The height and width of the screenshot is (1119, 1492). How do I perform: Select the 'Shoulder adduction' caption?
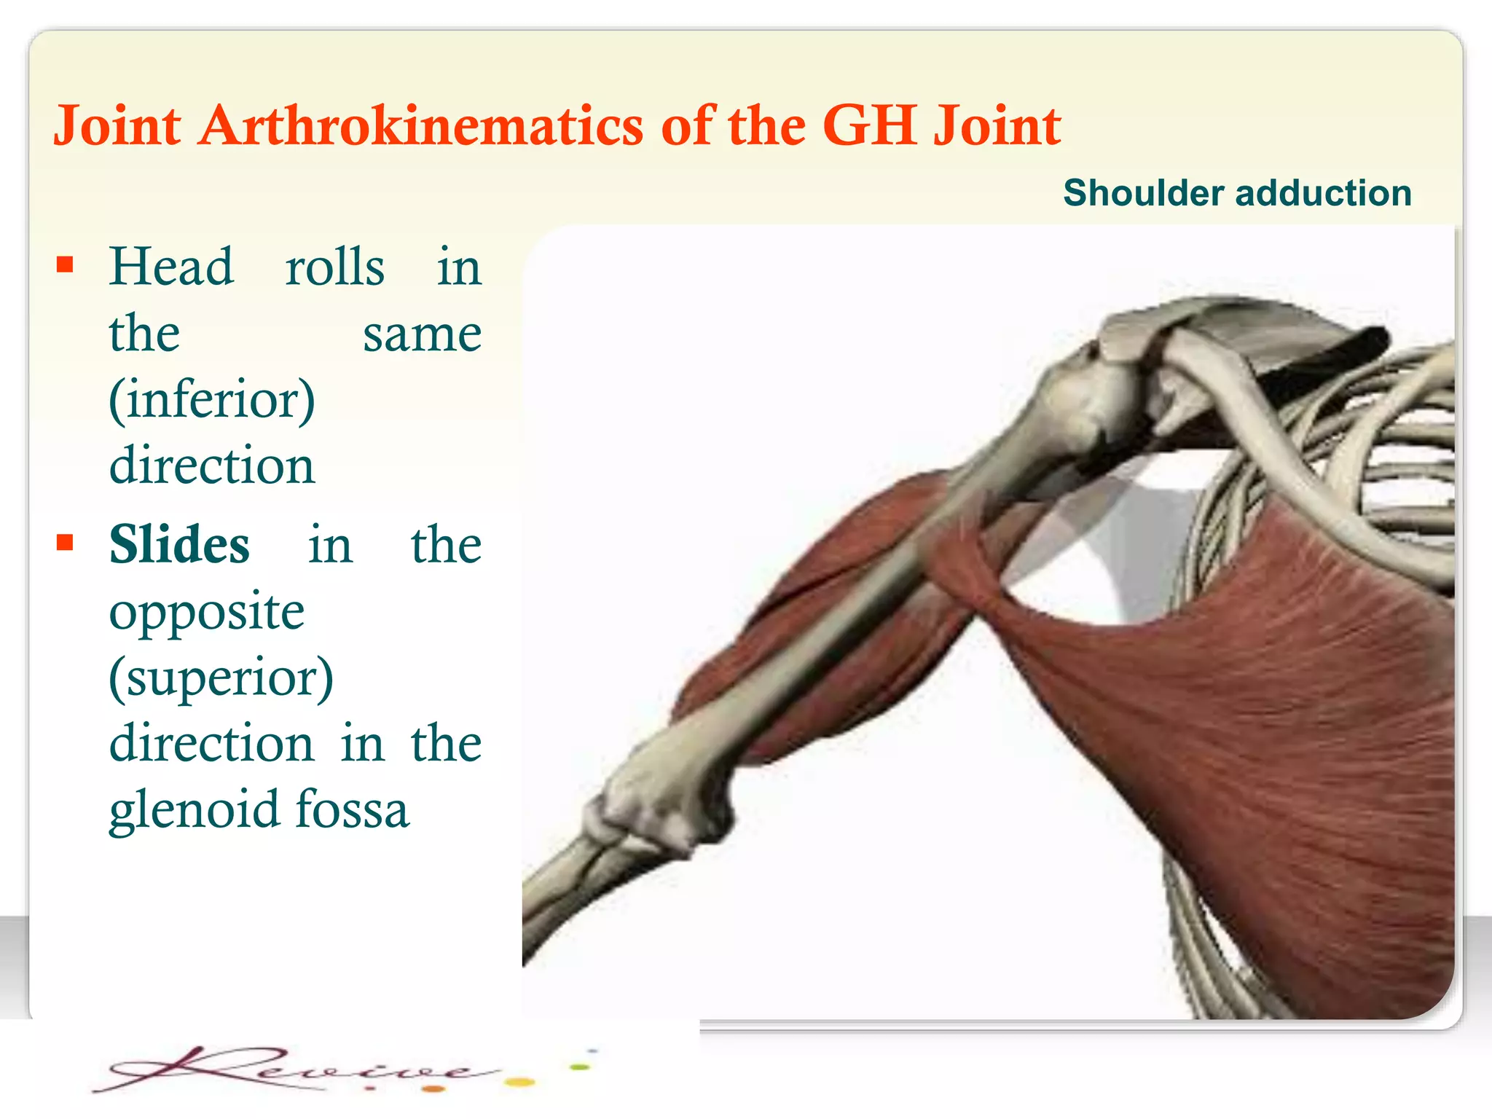click(x=1237, y=193)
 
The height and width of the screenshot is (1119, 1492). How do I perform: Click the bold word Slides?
click(x=179, y=545)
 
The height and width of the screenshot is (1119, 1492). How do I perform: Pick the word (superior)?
click(x=221, y=677)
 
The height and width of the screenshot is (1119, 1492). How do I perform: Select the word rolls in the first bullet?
click(x=334, y=267)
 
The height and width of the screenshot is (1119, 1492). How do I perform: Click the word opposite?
click(x=207, y=612)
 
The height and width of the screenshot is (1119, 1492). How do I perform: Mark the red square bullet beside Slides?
click(x=66, y=542)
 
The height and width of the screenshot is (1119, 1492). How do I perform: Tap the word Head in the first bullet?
click(x=172, y=267)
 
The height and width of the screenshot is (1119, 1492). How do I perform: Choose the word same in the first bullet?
click(x=422, y=334)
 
